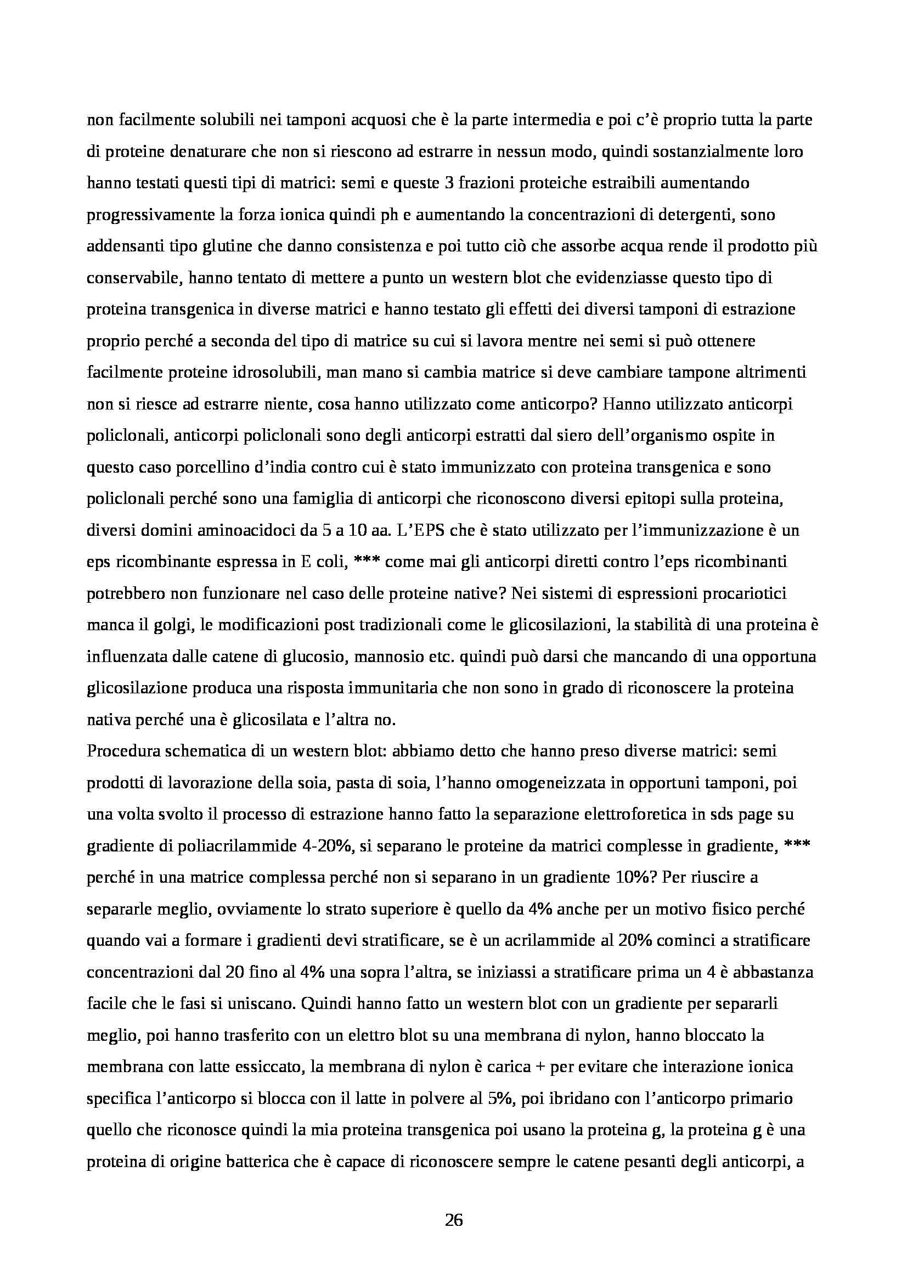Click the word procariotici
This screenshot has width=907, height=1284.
735,594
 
